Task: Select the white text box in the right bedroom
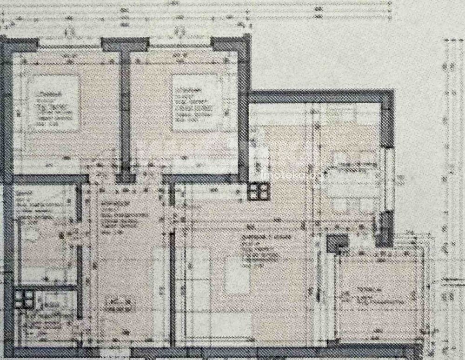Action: [195, 103]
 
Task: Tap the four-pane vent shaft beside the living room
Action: [259, 191]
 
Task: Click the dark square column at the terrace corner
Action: [337, 243]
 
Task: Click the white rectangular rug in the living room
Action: [237, 275]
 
